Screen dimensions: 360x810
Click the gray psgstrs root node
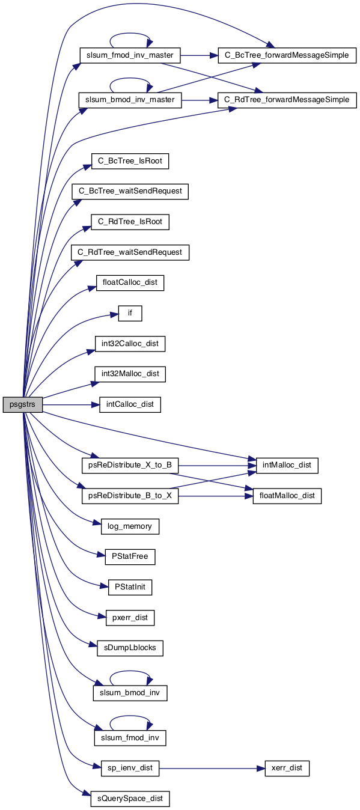22,404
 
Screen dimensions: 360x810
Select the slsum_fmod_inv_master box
130,55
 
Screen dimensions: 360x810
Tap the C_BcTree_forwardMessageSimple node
287,55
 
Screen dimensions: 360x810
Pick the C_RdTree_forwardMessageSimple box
287,100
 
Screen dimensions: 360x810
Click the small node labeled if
130,313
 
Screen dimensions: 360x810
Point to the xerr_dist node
287,768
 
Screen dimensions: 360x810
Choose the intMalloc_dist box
287,465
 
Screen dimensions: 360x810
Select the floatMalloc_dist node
287,496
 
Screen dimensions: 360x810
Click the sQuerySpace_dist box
130,799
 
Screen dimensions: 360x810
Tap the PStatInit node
130,587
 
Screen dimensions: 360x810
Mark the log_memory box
130,526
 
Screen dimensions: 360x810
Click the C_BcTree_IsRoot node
130,161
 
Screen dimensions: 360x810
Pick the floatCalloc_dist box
130,283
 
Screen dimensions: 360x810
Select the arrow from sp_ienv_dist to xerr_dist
212,768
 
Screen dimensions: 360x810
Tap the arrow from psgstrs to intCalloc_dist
71,404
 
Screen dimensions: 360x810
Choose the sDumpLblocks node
130,648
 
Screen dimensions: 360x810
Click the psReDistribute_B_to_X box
130,496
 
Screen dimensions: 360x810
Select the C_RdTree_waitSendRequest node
130,252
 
